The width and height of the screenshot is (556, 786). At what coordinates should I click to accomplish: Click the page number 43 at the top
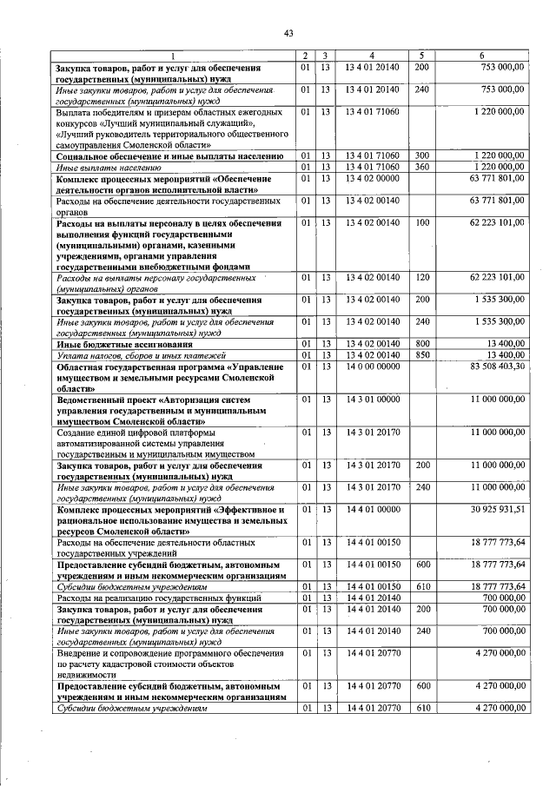click(x=288, y=33)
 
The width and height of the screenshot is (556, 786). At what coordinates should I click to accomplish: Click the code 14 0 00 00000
click(x=372, y=367)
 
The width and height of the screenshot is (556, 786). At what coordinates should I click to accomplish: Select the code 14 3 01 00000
click(x=372, y=399)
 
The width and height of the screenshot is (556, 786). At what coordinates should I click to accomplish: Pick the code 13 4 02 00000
click(x=372, y=178)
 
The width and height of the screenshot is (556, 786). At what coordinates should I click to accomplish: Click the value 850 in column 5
click(x=422, y=355)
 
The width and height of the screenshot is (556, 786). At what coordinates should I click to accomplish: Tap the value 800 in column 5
click(x=422, y=344)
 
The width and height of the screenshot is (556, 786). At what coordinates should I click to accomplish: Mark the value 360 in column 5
click(x=422, y=167)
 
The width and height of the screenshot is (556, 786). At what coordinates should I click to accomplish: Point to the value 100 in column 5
click(x=422, y=223)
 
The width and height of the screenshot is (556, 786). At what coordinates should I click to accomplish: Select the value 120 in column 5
click(x=422, y=278)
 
